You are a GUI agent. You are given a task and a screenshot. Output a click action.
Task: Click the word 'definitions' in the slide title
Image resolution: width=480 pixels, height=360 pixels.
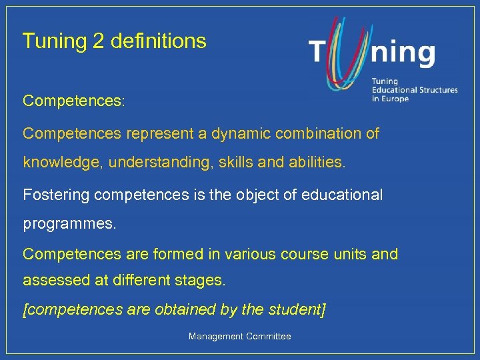158,41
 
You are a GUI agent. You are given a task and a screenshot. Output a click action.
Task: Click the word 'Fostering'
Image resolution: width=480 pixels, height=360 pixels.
56,195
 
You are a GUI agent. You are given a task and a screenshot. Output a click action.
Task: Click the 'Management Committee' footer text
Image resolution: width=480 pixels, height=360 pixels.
239,337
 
